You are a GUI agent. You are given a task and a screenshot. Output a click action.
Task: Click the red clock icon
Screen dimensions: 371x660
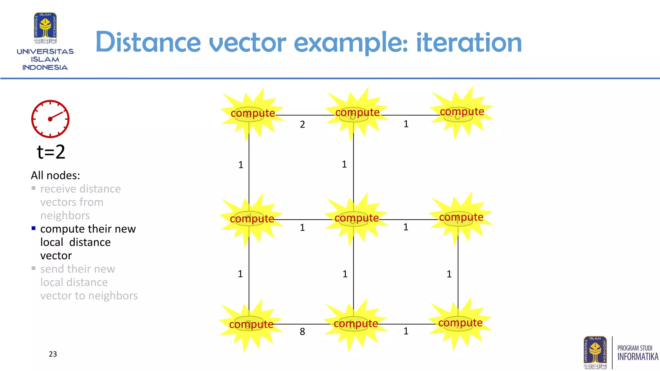50,119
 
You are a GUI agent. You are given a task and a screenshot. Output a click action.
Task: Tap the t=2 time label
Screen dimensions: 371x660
51,152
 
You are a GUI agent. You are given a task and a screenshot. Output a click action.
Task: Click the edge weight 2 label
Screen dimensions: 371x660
302,124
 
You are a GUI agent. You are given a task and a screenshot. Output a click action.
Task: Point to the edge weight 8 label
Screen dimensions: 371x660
302,331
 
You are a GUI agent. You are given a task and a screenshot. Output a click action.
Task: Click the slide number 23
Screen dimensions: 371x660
53,354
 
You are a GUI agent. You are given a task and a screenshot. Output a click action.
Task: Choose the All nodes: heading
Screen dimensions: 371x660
55,175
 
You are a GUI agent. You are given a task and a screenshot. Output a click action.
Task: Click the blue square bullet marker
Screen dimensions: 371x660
34,228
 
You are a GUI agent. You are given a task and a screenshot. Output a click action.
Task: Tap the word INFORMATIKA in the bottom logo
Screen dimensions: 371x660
638,357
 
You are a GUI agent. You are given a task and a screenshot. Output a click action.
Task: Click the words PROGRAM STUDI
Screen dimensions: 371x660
635,348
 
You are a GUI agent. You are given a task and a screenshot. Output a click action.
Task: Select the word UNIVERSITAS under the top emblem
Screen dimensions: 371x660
45,52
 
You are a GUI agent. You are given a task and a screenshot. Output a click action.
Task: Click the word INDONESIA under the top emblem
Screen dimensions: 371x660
45,68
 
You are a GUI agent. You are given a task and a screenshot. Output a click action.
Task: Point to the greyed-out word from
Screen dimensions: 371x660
91,202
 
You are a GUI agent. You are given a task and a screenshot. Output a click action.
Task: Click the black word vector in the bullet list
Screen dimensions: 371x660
56,256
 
